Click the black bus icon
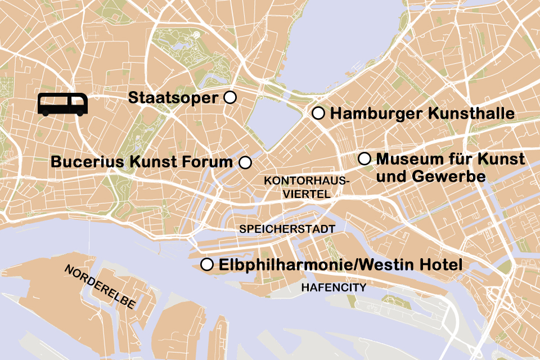(63, 105)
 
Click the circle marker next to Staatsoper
(229, 97)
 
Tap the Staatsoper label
(173, 98)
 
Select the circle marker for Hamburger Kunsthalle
(318, 114)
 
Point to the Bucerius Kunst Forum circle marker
(245, 163)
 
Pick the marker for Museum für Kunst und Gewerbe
(364, 159)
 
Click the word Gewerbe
(449, 176)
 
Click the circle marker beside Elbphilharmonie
(207, 264)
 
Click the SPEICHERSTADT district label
(287, 229)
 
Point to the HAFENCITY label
(334, 287)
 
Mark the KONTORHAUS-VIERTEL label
(307, 187)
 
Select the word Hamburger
(377, 114)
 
